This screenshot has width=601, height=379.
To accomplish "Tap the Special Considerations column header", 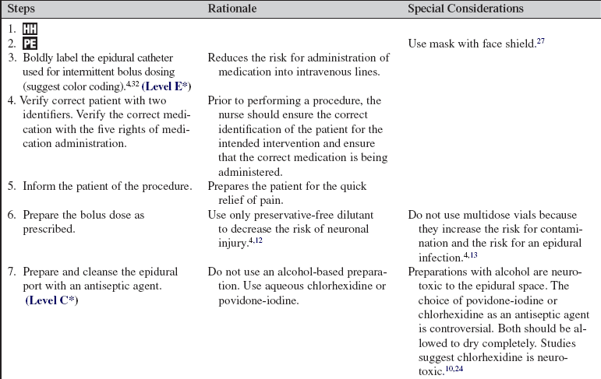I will coord(465,9).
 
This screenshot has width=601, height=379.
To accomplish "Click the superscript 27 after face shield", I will coord(539,40).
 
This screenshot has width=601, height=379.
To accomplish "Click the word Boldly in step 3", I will coord(38,58).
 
